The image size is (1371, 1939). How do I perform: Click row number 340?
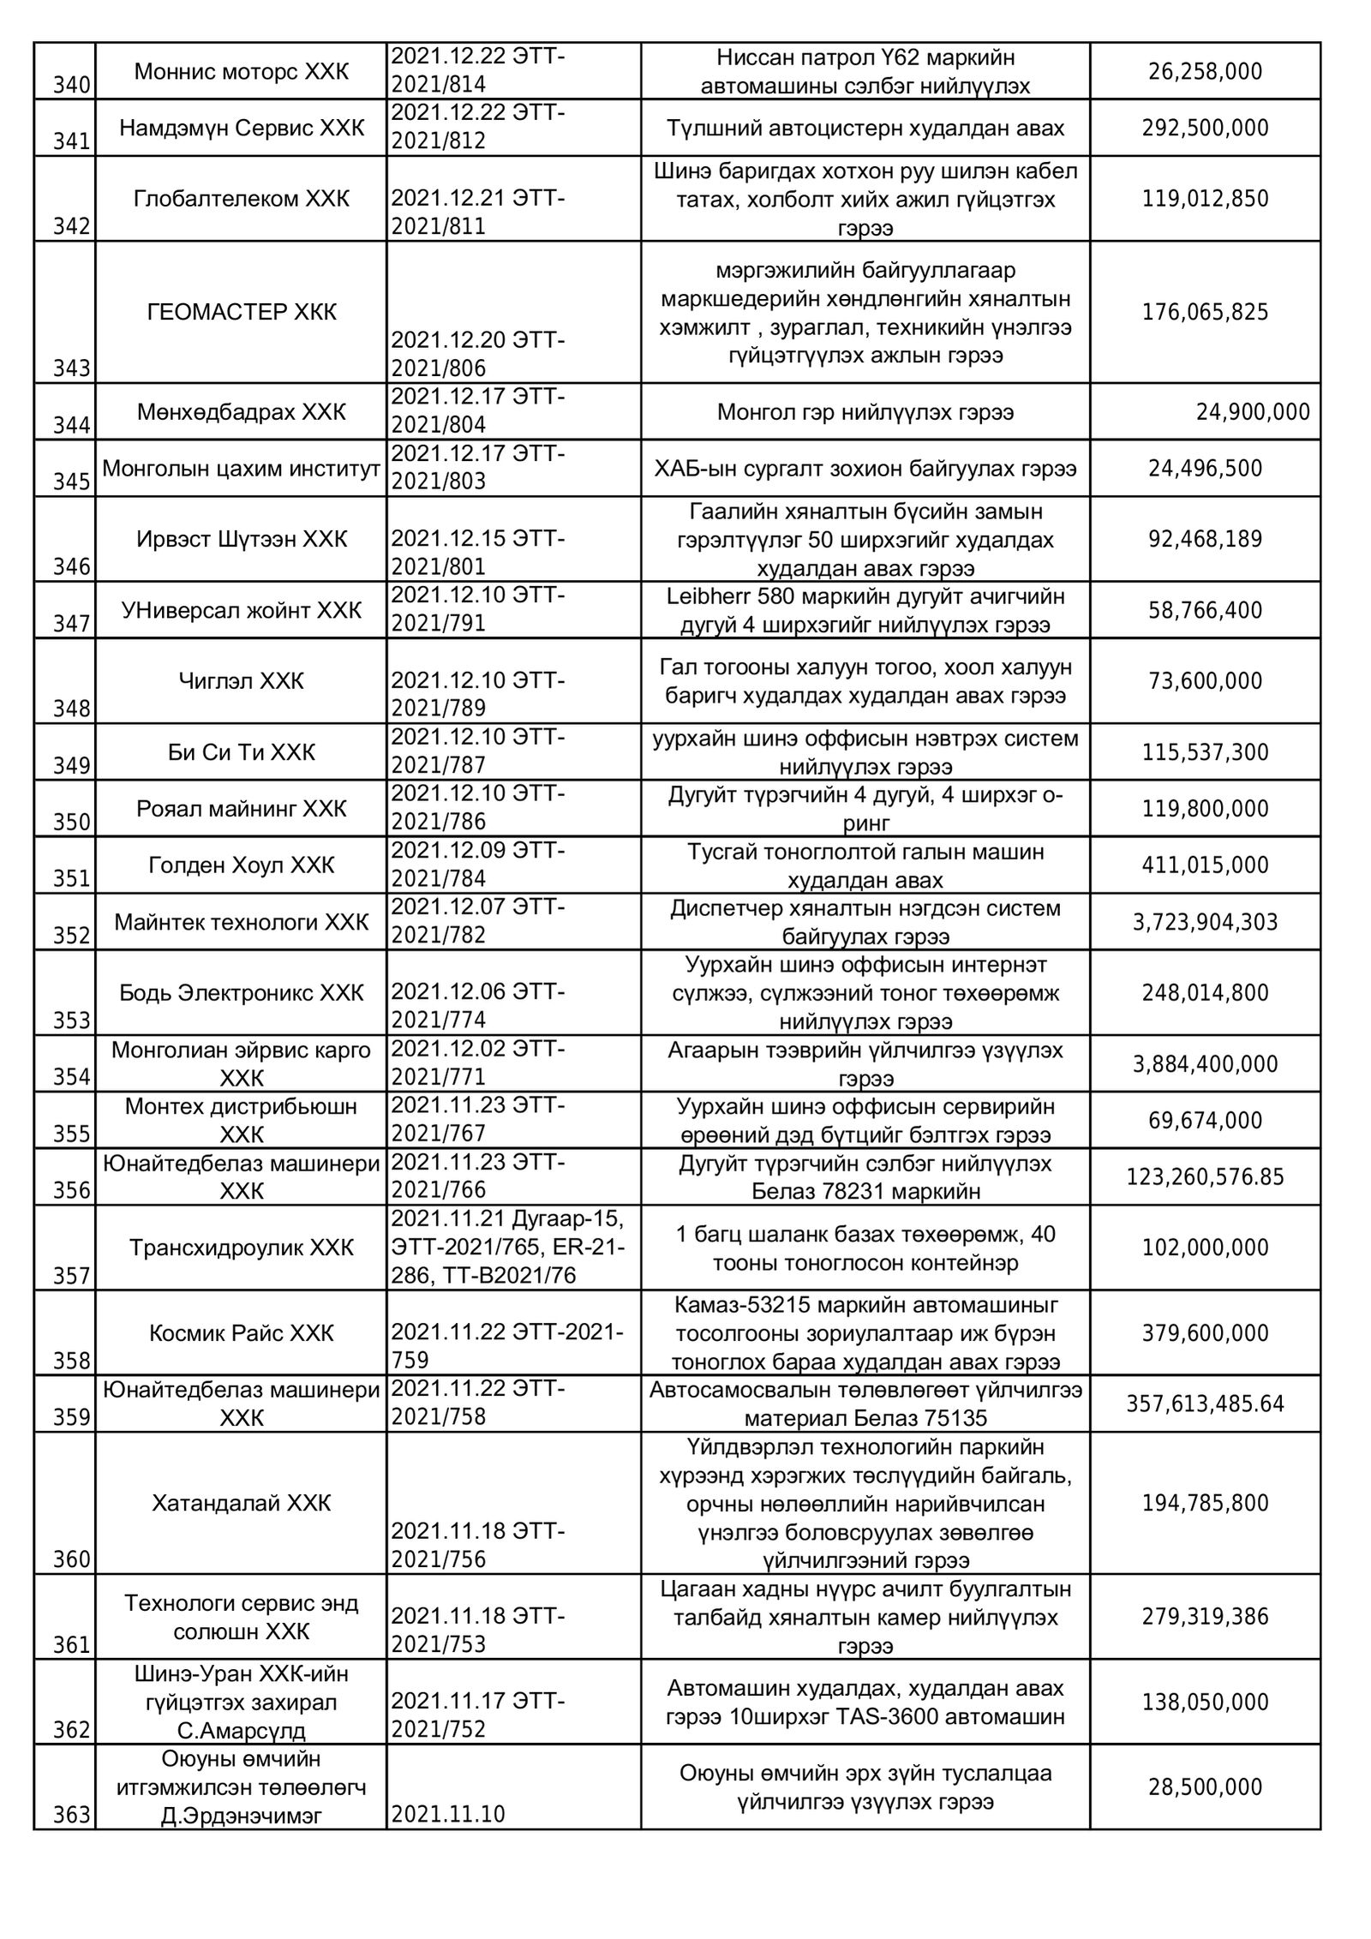click(x=72, y=85)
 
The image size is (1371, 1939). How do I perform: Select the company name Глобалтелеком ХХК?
click(x=242, y=199)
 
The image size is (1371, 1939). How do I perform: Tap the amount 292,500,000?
click(x=1205, y=129)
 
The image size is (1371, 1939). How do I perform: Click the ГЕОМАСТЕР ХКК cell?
click(x=242, y=312)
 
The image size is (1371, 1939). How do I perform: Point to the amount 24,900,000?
click(x=1253, y=412)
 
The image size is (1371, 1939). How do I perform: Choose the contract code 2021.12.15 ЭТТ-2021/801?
click(x=477, y=553)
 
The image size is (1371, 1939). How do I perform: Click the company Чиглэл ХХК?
click(x=242, y=681)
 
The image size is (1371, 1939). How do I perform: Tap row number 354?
click(x=72, y=1077)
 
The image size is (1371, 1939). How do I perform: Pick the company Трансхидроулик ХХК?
click(x=242, y=1248)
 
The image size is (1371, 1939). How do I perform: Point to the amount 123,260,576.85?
click(x=1205, y=1177)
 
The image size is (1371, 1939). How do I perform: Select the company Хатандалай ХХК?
click(x=242, y=1503)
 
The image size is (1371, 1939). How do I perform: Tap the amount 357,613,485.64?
click(x=1205, y=1403)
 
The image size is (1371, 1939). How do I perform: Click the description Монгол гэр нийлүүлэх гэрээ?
click(x=865, y=412)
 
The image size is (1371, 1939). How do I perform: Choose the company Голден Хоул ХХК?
click(x=242, y=865)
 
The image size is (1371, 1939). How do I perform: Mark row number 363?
click(x=72, y=1814)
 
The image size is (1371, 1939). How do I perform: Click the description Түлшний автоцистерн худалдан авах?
click(x=865, y=129)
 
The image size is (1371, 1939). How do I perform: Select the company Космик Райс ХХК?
click(x=242, y=1332)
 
